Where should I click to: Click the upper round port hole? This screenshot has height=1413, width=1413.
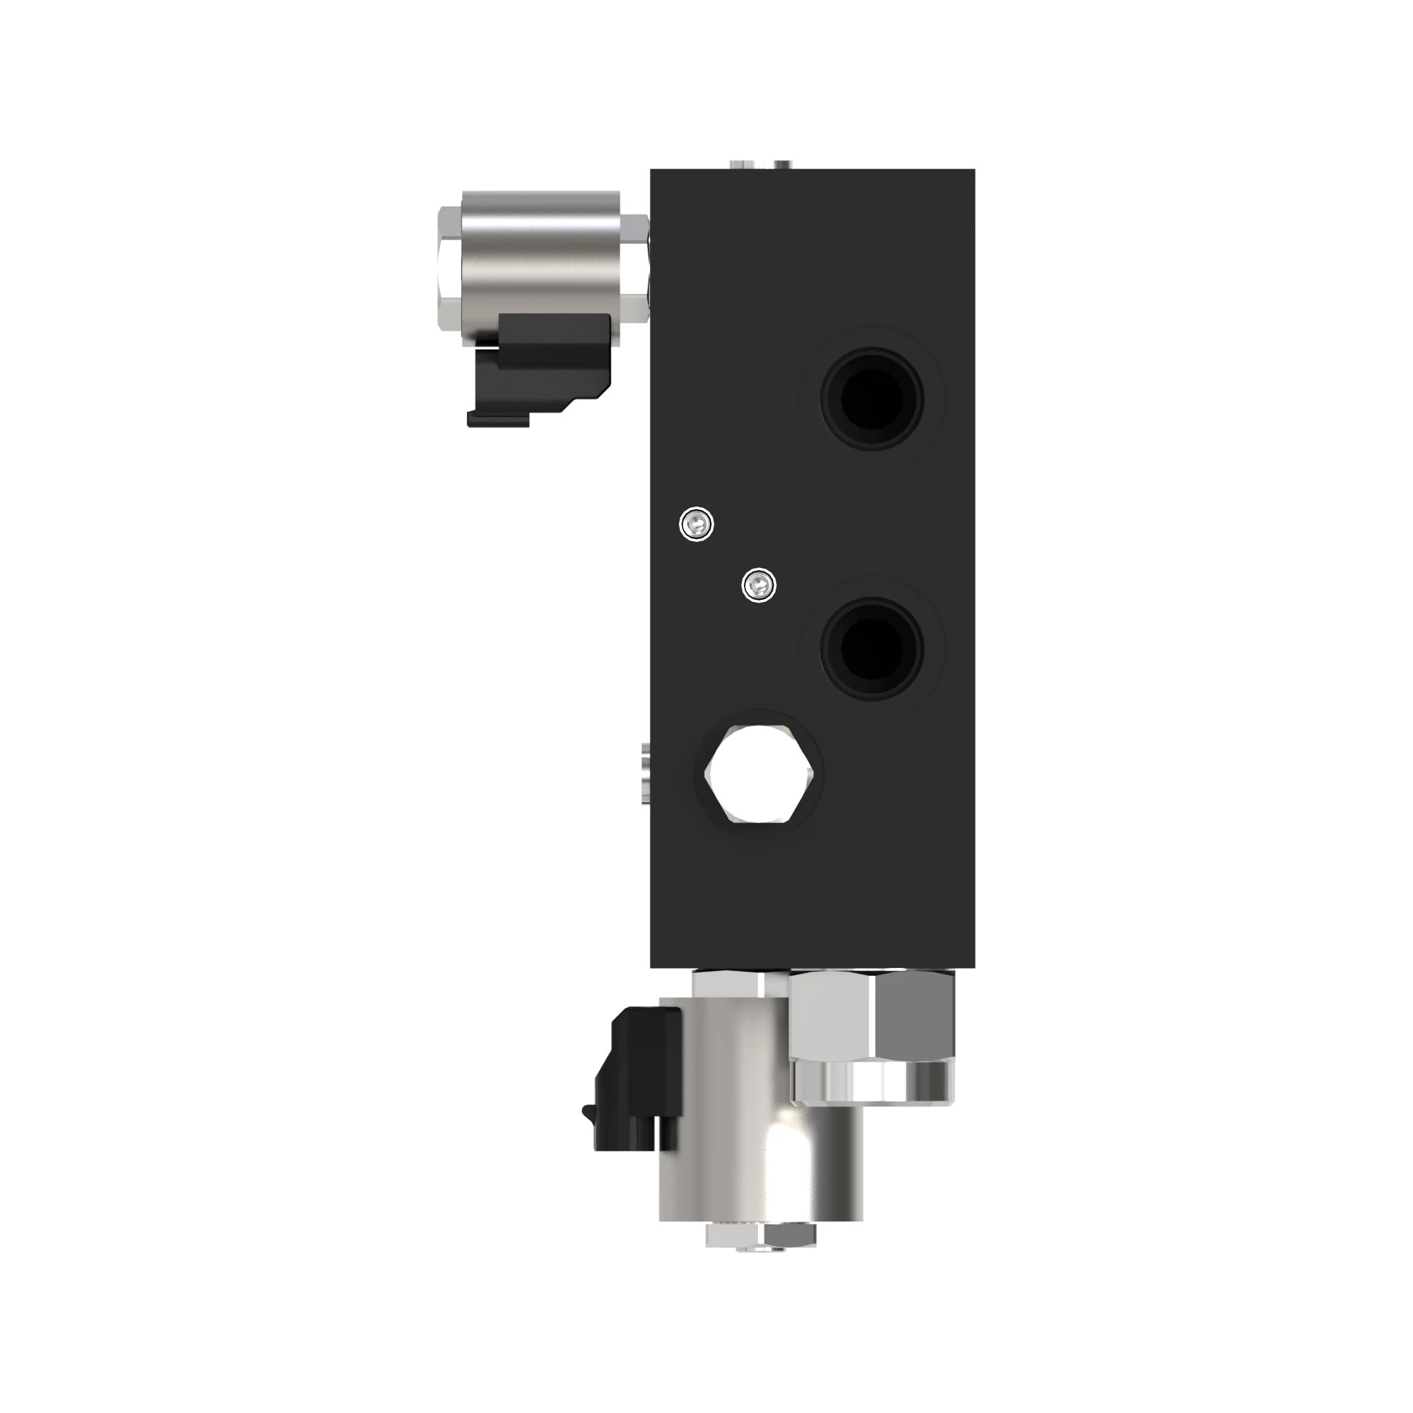click(x=871, y=398)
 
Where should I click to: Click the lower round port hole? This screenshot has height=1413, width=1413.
click(x=871, y=648)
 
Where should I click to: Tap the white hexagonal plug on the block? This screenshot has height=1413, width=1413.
click(x=760, y=774)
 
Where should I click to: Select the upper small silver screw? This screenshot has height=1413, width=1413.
click(x=697, y=523)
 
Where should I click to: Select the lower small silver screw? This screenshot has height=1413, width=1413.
click(x=758, y=584)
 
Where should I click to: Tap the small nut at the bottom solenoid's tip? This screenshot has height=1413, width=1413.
click(x=761, y=1236)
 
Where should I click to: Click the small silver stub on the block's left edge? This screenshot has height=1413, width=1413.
click(x=644, y=772)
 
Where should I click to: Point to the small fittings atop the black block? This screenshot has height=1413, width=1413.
click(x=761, y=163)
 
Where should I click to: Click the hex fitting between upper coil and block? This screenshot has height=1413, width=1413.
click(x=635, y=267)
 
